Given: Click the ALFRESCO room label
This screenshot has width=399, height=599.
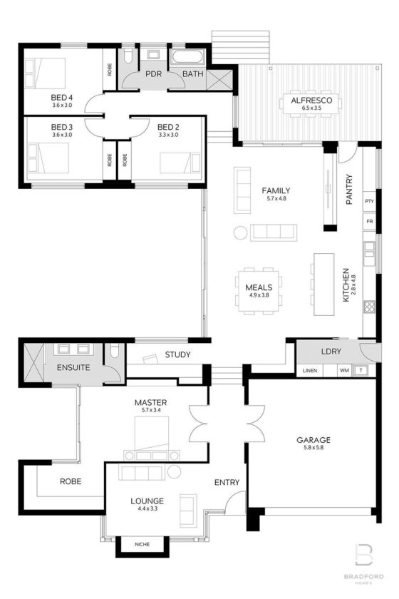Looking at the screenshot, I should pyautogui.click(x=311, y=101).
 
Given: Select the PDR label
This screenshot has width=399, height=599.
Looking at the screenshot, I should pyautogui.click(x=152, y=73).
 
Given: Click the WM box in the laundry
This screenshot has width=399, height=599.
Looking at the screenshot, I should pyautogui.click(x=344, y=371).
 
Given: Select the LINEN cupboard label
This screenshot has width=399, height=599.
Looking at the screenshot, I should pyautogui.click(x=309, y=371).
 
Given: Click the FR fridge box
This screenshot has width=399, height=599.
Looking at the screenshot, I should pyautogui.click(x=369, y=222).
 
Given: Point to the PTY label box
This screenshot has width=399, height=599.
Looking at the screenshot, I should pyautogui.click(x=369, y=201).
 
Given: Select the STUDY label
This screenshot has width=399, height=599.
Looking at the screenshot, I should pyautogui.click(x=177, y=354).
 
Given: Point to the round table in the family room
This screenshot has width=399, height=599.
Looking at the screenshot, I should pyautogui.click(x=240, y=232).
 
